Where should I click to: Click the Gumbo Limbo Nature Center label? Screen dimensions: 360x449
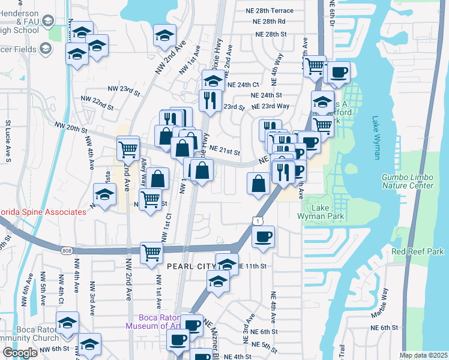point(407,181)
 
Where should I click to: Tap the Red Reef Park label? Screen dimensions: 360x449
point(418,251)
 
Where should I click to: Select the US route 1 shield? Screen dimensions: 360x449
point(258,222)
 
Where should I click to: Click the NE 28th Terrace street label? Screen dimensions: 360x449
point(273,11)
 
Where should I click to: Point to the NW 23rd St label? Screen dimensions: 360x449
point(124,89)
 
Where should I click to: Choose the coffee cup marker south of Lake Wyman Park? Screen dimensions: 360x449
point(262,236)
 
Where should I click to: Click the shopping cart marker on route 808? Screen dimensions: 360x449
point(151,252)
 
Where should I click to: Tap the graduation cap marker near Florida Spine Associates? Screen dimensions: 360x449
point(104,195)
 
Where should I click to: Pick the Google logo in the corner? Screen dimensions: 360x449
point(19,353)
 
